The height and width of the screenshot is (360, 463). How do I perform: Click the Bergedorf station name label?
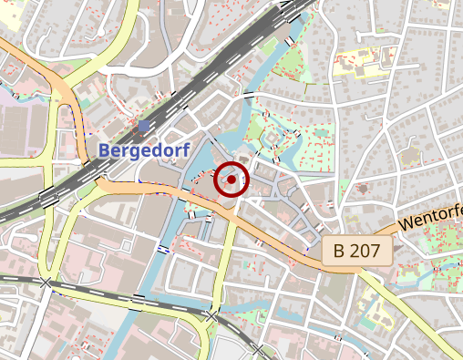139,149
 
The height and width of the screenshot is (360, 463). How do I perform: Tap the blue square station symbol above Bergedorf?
144,126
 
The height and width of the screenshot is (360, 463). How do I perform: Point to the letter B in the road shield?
339,251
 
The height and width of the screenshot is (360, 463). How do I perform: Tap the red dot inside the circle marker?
231,180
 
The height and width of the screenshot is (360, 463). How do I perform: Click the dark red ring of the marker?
217,180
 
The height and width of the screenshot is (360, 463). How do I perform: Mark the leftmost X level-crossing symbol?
46,283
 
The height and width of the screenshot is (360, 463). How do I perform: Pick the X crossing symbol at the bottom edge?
259,350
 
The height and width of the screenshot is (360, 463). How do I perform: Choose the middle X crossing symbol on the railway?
211,315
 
